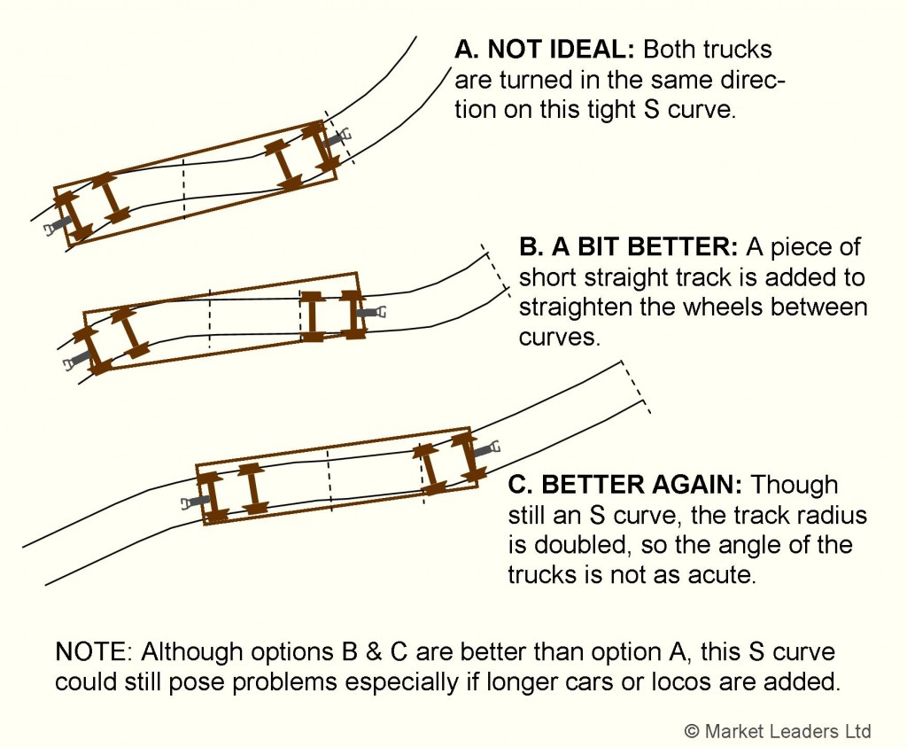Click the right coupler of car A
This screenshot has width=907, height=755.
[339, 138]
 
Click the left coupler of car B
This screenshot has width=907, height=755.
[75, 360]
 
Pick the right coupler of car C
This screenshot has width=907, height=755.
[488, 448]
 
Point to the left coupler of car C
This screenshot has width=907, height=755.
[190, 502]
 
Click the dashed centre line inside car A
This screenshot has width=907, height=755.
[183, 189]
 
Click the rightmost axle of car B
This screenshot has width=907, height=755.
[353, 313]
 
